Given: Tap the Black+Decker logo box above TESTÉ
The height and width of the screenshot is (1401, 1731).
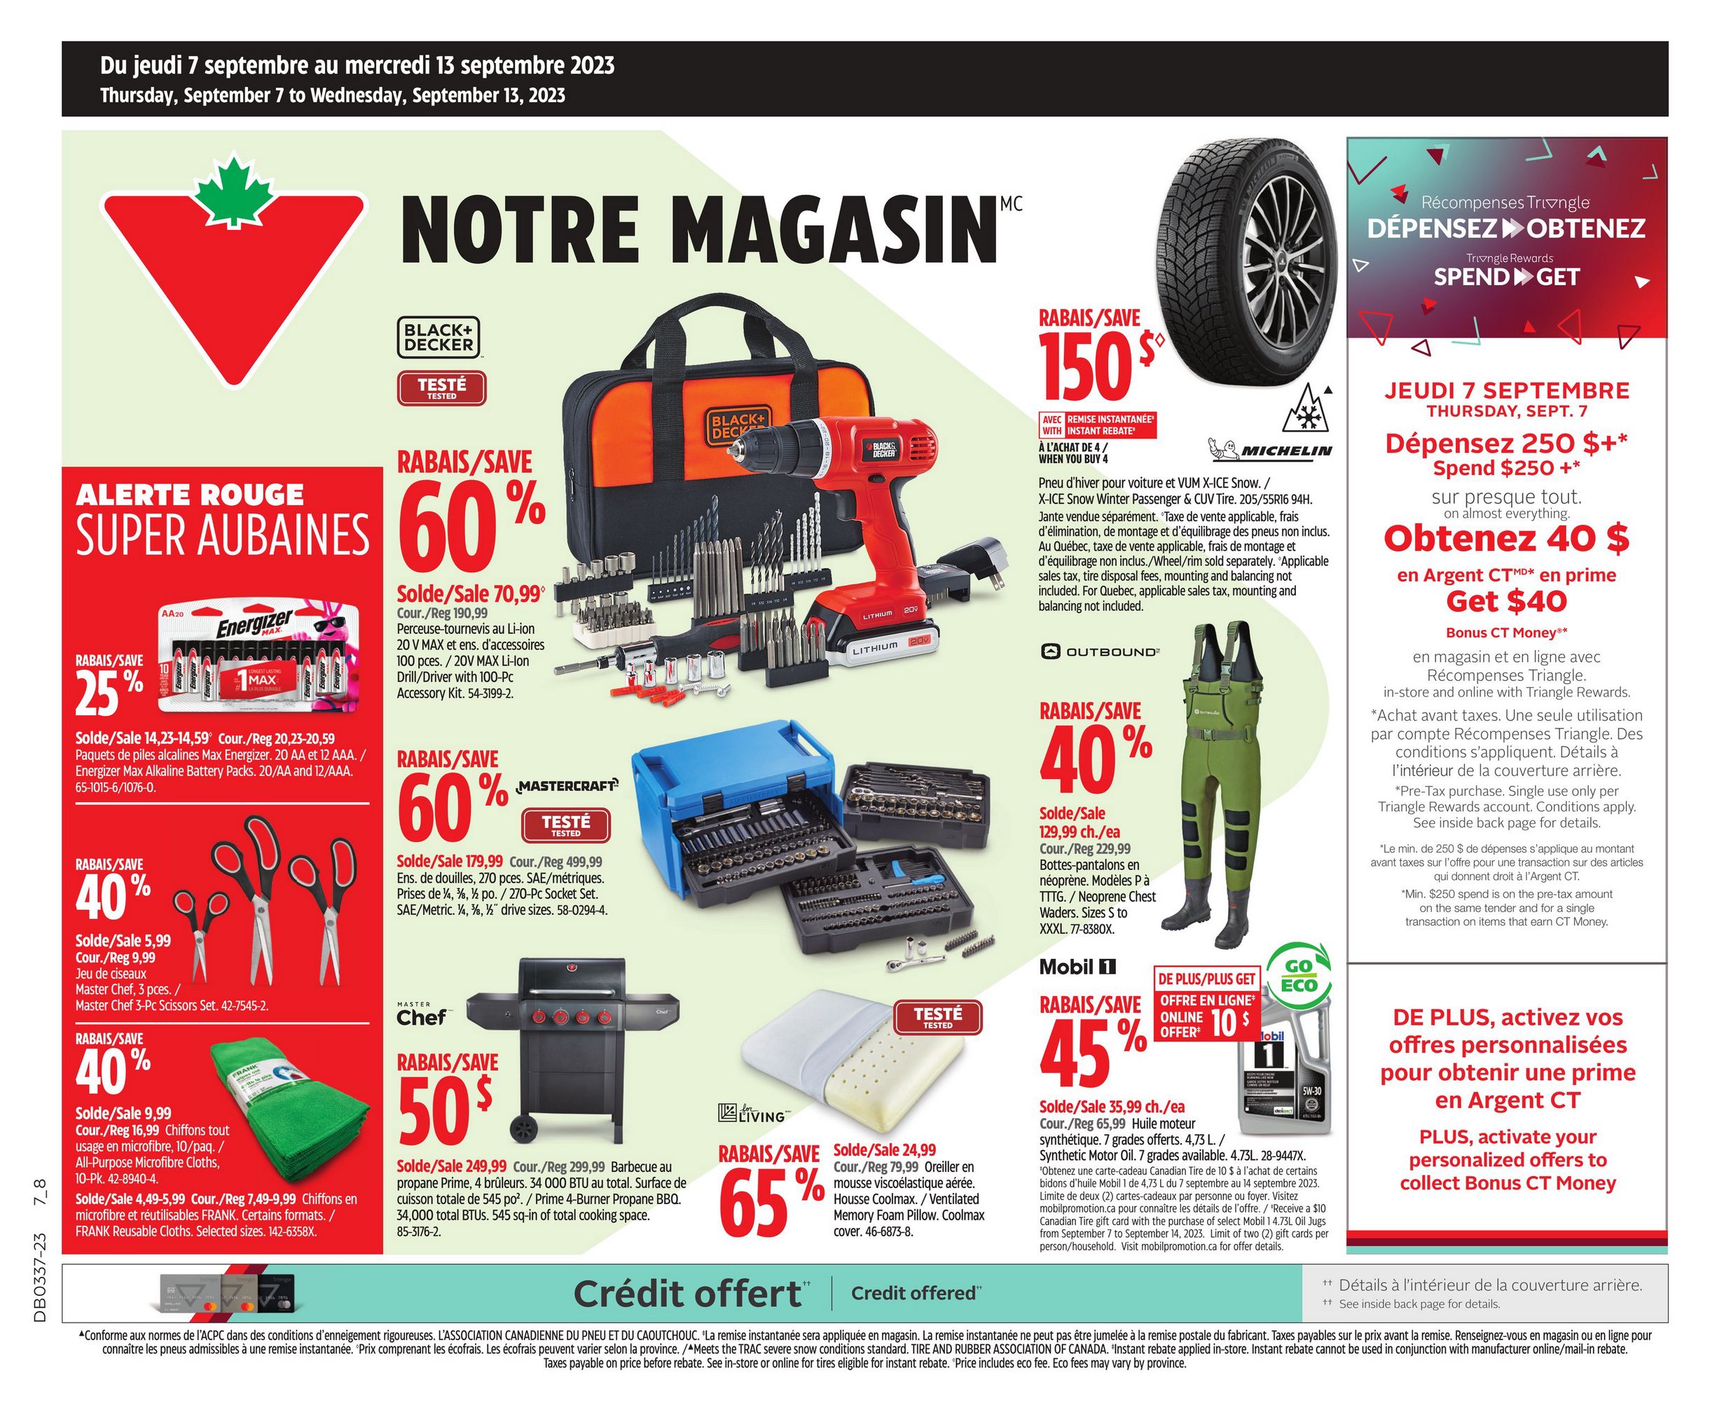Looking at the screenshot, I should [439, 338].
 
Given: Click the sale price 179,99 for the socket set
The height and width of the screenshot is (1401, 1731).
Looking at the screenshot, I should [450, 861].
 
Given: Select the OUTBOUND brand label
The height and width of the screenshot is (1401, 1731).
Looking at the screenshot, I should [1101, 651].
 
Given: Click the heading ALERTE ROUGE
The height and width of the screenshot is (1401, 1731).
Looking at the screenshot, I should [190, 495].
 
